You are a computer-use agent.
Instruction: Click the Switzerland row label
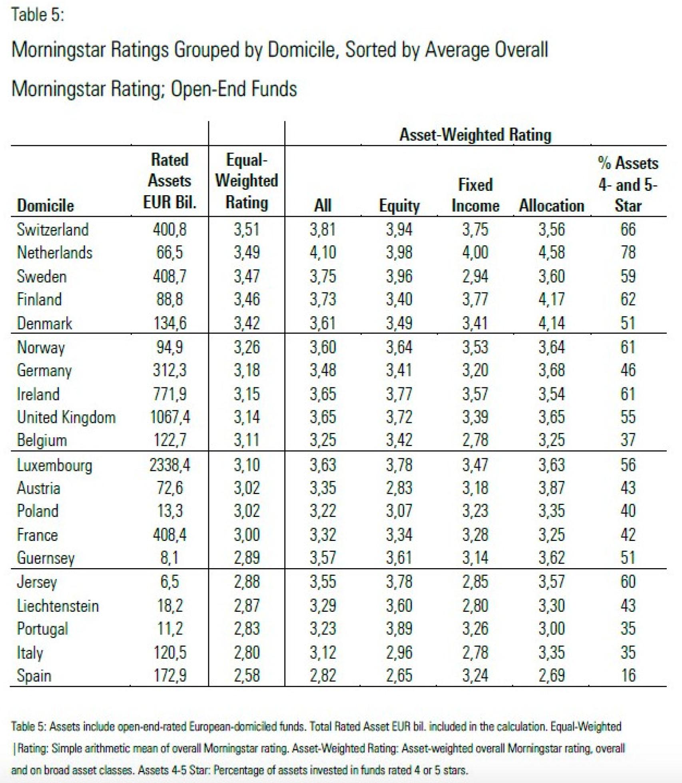coord(52,230)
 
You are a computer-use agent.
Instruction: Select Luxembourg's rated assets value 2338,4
coord(170,465)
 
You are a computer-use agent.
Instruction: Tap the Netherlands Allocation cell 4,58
coord(551,252)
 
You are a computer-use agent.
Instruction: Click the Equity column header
coord(399,206)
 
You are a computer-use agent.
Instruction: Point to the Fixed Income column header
coord(475,195)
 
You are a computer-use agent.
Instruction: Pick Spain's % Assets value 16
coord(628,676)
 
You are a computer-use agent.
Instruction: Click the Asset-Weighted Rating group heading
coord(475,135)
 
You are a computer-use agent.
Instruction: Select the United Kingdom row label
coord(66,417)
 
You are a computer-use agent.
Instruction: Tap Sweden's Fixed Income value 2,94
coord(475,276)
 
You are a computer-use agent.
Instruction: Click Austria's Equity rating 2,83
coord(399,488)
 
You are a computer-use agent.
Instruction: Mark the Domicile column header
coord(45,206)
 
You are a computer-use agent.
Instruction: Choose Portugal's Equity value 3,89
coord(399,629)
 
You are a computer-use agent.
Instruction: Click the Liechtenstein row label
coord(58,606)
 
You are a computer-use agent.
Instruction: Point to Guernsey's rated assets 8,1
coord(170,558)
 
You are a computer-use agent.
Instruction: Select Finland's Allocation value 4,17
coord(551,299)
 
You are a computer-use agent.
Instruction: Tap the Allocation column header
coord(551,206)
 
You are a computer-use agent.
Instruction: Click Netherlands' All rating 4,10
coord(323,252)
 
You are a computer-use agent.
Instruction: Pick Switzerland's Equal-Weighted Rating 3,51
coord(246,230)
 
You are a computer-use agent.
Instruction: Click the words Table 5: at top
coord(38,15)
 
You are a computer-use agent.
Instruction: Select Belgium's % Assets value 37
coord(628,440)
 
